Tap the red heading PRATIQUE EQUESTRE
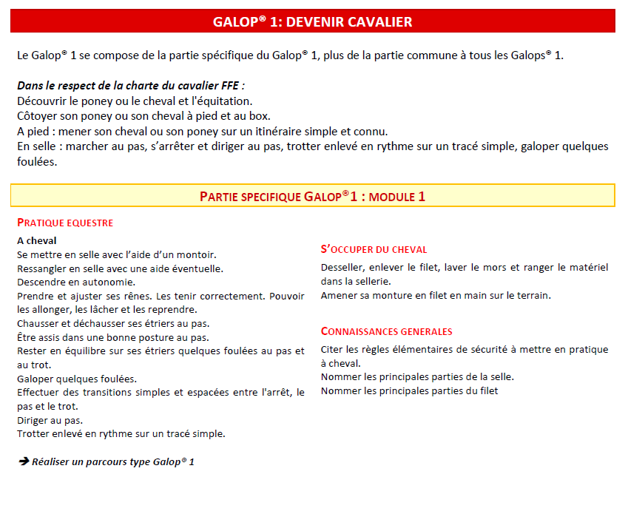(65, 223)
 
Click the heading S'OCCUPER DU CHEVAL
(374, 250)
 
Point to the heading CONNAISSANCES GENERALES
(386, 332)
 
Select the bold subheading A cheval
(37, 240)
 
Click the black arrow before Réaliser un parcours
(23, 461)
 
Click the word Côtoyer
(38, 115)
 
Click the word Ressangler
(43, 268)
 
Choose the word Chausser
(38, 323)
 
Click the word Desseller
(343, 267)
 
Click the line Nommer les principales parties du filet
(409, 390)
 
